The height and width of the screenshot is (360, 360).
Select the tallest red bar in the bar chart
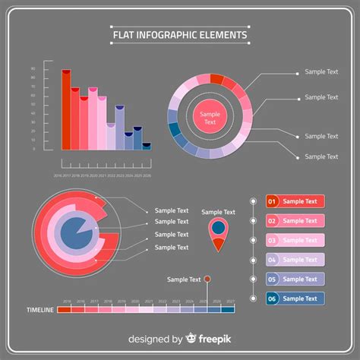[67, 110]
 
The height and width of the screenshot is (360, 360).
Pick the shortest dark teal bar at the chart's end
[146, 147]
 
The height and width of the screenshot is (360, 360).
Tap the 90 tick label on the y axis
[33, 68]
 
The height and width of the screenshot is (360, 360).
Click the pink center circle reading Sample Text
[210, 118]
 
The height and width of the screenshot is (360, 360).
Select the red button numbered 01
[295, 201]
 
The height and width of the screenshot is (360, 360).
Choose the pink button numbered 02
[295, 221]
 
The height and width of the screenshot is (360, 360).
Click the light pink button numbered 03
[295, 240]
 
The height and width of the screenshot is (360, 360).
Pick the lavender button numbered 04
[295, 260]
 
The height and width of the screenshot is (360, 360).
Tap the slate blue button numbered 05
[295, 279]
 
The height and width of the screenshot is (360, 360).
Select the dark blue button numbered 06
[295, 298]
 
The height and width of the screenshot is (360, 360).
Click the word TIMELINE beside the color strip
[39, 310]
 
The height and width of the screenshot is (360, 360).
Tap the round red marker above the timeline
[207, 279]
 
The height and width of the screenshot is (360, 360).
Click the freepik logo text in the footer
[215, 339]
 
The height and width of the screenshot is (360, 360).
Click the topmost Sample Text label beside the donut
[321, 72]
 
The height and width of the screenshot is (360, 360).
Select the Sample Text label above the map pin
[218, 212]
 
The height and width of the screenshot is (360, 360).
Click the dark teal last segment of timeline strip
[228, 309]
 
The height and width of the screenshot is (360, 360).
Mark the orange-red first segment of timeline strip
[64, 309]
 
